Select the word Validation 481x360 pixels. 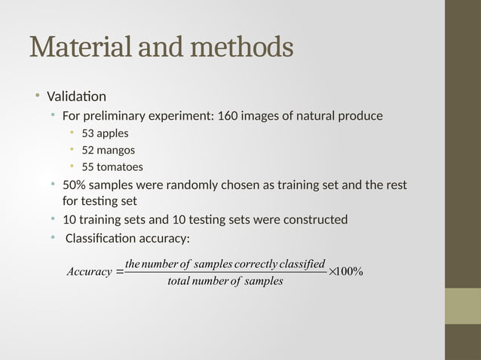(x=76, y=96)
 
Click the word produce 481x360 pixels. (x=360, y=116)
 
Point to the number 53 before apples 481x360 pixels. (x=87, y=133)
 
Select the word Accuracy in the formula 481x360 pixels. (x=88, y=272)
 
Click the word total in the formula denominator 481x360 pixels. (x=178, y=282)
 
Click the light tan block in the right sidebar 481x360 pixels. (x=462, y=306)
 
